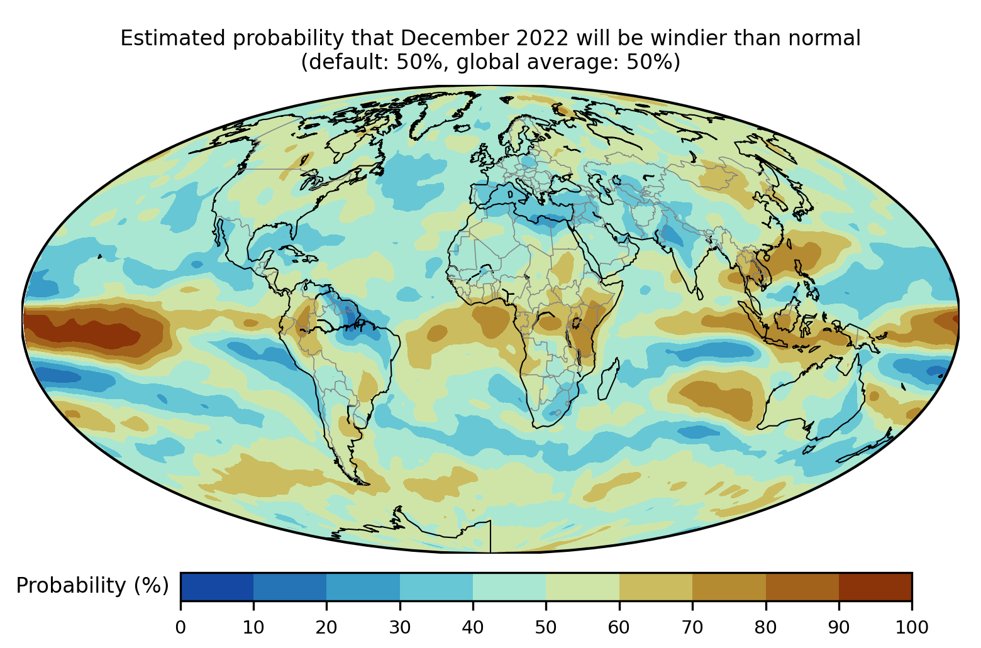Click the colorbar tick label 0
(180, 627)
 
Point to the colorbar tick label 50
(546, 627)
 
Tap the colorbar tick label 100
(911, 627)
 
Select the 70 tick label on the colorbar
(692, 627)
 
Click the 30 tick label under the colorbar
(400, 627)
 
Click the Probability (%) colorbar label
(92, 586)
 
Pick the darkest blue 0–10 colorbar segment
(217, 586)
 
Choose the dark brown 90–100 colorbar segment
(875, 586)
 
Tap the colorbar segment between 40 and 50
(509, 586)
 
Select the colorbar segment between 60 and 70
(655, 586)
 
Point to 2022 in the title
(542, 39)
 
